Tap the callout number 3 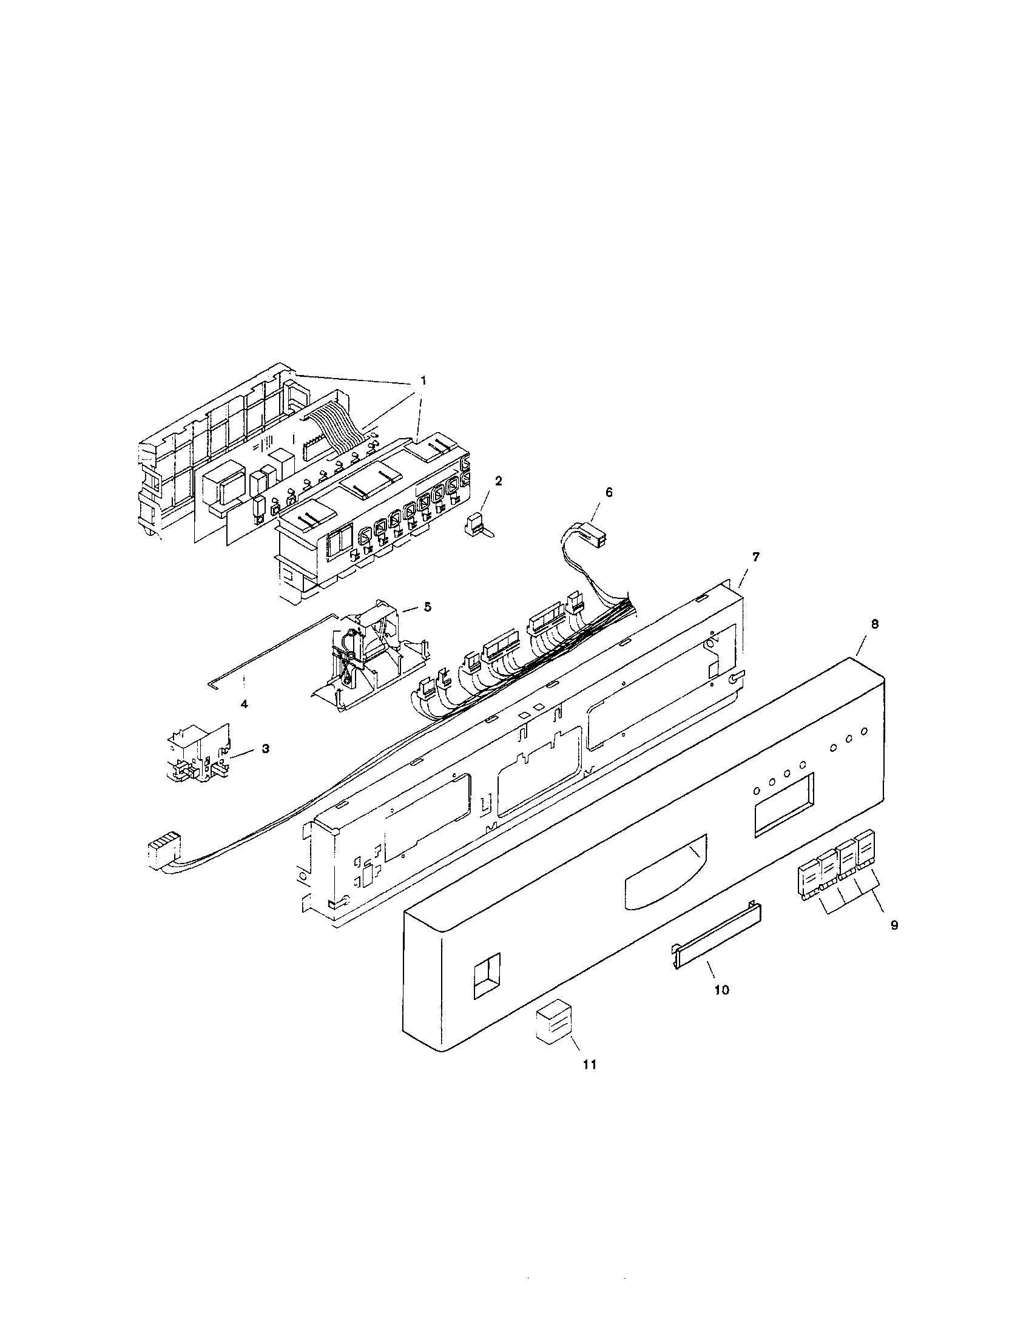click(x=265, y=748)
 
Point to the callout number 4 click(x=244, y=703)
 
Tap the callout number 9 click(x=894, y=942)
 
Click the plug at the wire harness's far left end click(x=163, y=850)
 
